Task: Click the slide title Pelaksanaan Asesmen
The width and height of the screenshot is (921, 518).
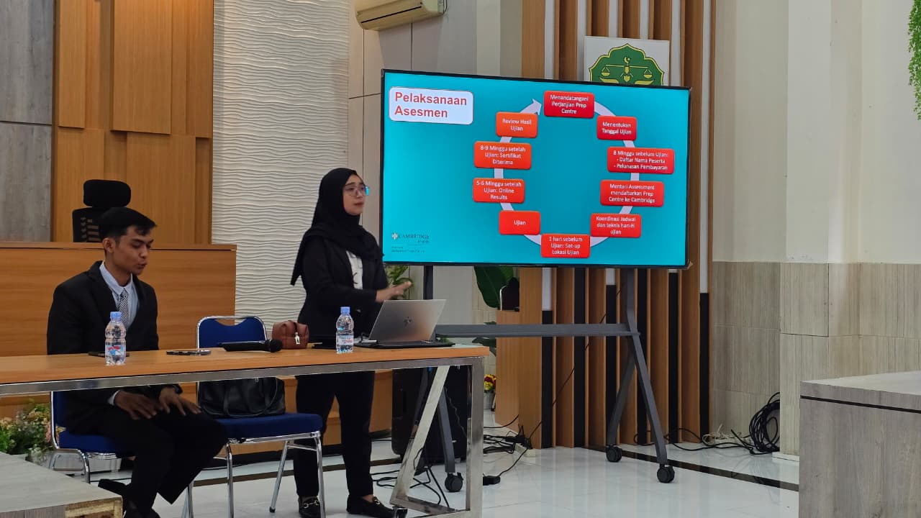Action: [x=431, y=106]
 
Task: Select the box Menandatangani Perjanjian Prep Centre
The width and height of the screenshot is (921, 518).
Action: [x=568, y=104]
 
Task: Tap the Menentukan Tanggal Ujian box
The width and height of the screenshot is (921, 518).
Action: [x=616, y=128]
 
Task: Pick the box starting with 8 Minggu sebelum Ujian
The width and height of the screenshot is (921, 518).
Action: [x=640, y=160]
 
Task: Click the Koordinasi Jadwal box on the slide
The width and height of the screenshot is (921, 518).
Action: [x=615, y=225]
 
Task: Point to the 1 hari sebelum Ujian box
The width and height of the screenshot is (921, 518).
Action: [x=565, y=246]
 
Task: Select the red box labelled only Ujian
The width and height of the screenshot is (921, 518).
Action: [x=519, y=222]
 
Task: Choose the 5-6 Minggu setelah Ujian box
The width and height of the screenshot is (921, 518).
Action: [x=498, y=191]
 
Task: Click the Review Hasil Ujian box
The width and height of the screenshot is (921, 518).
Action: [x=516, y=124]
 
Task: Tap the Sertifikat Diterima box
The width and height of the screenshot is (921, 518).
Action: [x=502, y=155]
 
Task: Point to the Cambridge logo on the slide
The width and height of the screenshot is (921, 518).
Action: [x=410, y=238]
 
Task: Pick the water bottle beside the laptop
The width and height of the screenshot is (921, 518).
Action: [x=345, y=330]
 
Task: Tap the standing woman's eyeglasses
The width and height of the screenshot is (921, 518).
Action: [x=356, y=190]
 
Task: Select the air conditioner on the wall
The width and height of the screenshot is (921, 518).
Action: [x=399, y=13]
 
